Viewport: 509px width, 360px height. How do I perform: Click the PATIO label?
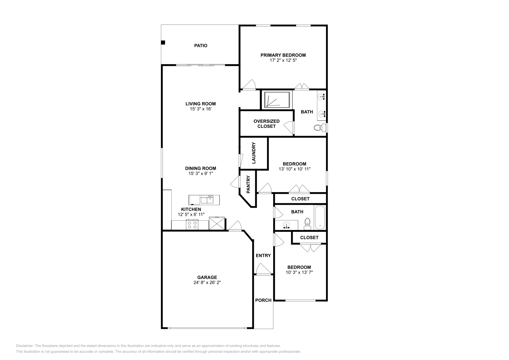point(201,45)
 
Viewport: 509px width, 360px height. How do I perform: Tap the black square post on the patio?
point(163,42)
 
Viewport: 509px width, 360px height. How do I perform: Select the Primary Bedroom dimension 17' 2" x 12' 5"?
point(283,60)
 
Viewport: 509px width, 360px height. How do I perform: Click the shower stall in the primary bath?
point(276,100)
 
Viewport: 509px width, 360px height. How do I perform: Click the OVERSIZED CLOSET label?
point(267,124)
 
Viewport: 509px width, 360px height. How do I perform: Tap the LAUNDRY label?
point(254,153)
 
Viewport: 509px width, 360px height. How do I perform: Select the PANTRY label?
point(248,184)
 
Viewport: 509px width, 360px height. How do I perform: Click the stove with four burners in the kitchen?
point(192,225)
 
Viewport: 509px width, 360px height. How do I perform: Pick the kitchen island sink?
point(210,200)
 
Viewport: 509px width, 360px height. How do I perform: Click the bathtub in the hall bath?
point(320,218)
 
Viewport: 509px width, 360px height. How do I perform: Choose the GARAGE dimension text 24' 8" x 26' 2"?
point(207,282)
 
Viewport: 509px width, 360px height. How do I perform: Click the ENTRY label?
point(263,255)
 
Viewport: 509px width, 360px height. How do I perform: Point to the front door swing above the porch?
point(263,269)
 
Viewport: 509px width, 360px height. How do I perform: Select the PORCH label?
point(263,300)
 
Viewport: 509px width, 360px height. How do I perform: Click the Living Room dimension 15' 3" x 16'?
point(200,109)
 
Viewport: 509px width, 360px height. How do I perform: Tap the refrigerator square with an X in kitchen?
point(217,224)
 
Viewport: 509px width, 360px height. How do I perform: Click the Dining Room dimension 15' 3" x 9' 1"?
point(200,174)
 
